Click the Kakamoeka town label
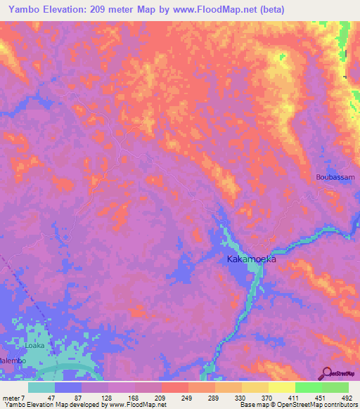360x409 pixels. [251, 259]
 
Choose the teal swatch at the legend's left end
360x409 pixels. [41, 387]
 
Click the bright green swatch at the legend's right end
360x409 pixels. [335, 387]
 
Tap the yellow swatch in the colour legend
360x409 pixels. [281, 387]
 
